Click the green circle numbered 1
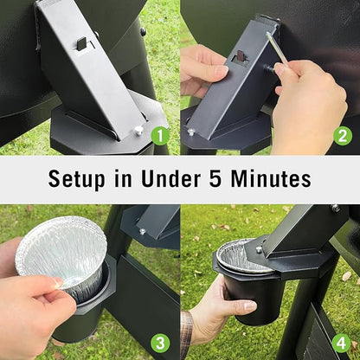[159, 136]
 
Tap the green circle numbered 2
[343, 136]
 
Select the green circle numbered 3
[159, 343]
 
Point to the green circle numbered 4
[341, 344]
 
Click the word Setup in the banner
[76, 180]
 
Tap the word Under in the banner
[171, 179]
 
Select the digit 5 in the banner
[215, 179]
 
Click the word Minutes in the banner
[271, 179]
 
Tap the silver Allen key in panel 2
[276, 48]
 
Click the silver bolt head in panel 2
[190, 132]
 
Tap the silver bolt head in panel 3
[142, 231]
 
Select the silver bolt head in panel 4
[259, 249]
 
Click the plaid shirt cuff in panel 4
[186, 335]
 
